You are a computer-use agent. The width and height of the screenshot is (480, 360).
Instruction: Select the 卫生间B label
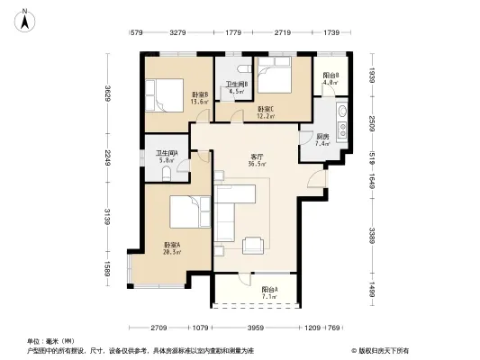tap(239, 87)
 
